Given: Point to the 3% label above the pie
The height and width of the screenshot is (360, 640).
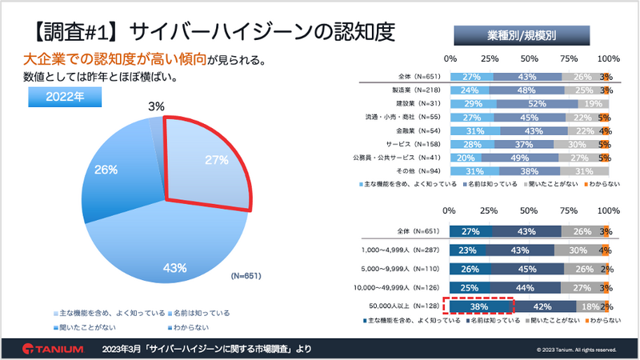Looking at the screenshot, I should coord(157,105).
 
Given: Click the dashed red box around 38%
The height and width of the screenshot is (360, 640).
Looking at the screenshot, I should coord(479,306).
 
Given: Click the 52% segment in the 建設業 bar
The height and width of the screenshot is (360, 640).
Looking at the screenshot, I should coord(537,104).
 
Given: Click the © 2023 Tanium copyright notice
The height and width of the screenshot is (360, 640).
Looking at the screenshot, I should coord(576,350).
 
